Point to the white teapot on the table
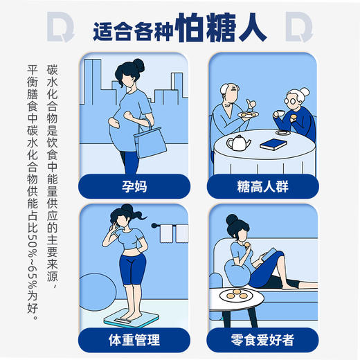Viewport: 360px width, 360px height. [x=239, y=143]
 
